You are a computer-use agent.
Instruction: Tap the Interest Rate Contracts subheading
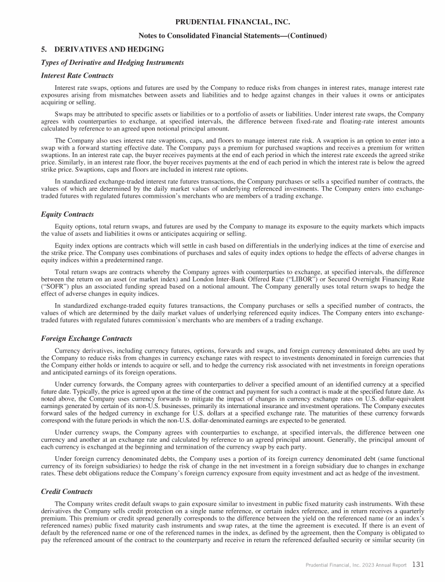(x=77, y=75)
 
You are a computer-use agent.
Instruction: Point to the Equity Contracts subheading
(x=68, y=214)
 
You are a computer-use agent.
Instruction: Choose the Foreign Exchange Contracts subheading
(x=86, y=339)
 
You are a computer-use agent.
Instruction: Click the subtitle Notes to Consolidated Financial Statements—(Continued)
(x=233, y=36)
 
